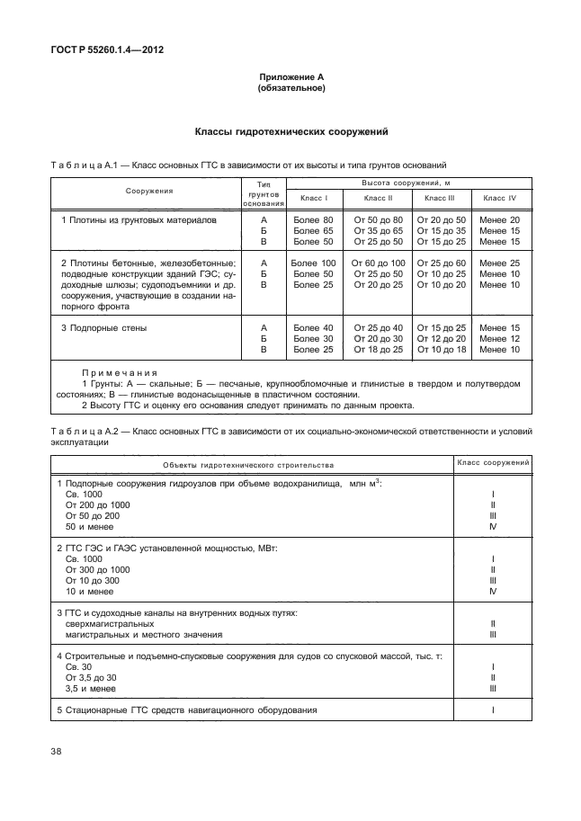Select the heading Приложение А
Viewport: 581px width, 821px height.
[290, 78]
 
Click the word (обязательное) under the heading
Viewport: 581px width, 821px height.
[290, 89]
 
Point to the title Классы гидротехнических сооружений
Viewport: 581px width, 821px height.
[290, 132]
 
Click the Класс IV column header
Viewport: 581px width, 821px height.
[499, 197]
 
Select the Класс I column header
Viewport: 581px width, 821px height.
[314, 197]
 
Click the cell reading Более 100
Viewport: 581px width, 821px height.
[314, 263]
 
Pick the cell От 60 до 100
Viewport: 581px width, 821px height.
[378, 263]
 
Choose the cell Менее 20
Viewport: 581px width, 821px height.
[499, 220]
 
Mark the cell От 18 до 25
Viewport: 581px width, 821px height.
[378, 350]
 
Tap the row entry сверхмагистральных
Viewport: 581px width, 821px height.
[110, 624]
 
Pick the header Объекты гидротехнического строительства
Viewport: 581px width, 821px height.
[248, 465]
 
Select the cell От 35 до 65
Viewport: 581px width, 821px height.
[378, 231]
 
